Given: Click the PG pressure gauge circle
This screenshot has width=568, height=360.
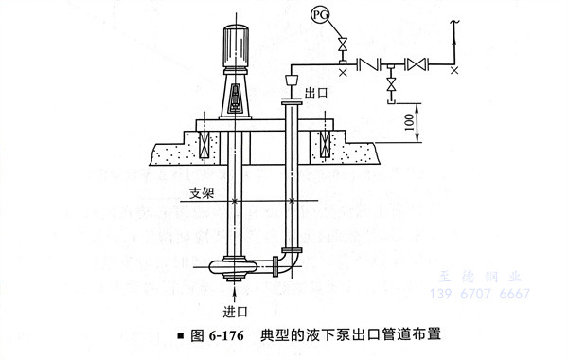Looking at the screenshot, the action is tap(320, 15).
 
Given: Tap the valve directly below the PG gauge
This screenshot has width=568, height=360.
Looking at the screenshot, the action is tap(342, 45).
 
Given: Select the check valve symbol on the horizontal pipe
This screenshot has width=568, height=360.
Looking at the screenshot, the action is tap(368, 64).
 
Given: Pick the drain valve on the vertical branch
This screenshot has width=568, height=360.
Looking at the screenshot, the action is tap(390, 85).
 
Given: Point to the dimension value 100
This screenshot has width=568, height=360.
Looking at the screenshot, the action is tap(409, 122).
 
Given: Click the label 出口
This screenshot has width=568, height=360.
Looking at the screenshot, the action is tap(316, 93).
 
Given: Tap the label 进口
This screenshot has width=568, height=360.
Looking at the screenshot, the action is tap(235, 312).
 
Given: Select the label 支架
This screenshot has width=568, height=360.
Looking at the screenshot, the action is tap(202, 193).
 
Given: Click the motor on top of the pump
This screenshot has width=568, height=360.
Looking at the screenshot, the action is tap(236, 46).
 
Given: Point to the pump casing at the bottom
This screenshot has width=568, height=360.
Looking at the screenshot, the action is tap(233, 267).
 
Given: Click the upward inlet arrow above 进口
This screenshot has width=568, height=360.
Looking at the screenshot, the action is tap(235, 293).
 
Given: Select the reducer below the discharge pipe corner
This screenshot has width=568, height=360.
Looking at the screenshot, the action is tap(292, 80).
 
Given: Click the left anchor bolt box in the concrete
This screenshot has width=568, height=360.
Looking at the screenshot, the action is tap(204, 144).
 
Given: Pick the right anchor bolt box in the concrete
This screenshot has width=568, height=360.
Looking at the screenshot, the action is tap(325, 144).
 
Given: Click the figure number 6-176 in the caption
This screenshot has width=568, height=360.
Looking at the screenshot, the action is tap(226, 335).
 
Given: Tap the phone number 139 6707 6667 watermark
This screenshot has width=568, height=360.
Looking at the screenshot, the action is tap(480, 294).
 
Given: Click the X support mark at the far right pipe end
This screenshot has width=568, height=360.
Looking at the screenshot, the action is tap(454, 71).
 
